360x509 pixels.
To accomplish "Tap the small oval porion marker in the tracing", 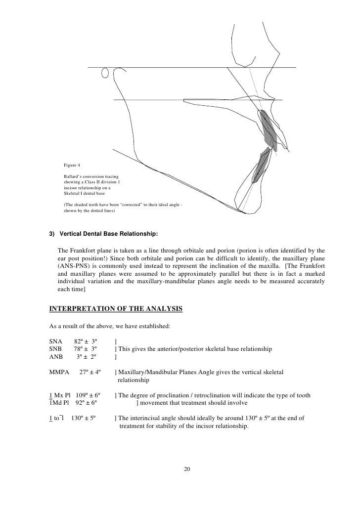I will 104,73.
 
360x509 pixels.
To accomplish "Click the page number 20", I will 187,468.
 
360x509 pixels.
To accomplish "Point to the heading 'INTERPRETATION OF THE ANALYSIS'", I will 116,309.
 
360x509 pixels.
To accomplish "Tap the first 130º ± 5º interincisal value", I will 84,418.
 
